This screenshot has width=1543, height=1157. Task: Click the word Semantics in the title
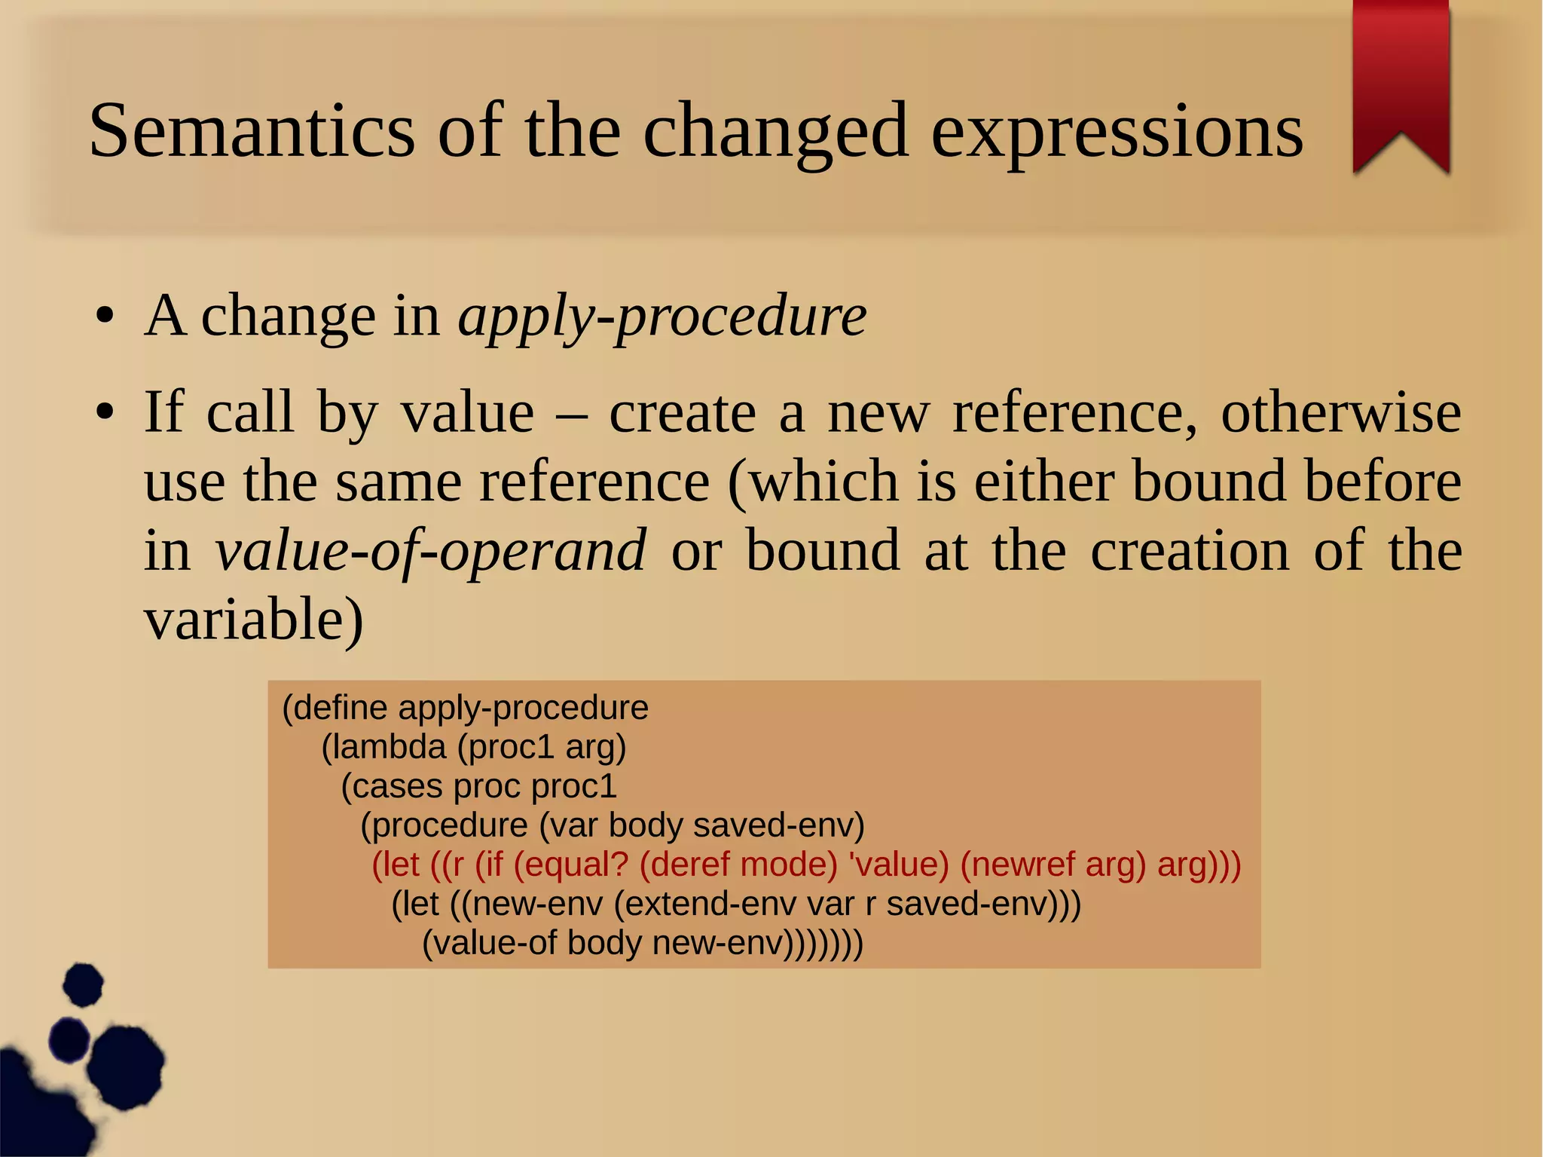252,132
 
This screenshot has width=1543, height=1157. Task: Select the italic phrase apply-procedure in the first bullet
662,316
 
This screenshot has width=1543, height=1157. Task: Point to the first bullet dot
105,317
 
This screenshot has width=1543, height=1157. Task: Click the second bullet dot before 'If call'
105,413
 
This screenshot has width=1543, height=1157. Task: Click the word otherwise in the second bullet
1340,413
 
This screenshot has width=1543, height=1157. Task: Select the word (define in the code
335,708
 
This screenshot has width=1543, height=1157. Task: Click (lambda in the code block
383,747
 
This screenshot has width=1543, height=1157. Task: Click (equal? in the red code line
571,865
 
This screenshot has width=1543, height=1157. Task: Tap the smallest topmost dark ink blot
82,984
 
